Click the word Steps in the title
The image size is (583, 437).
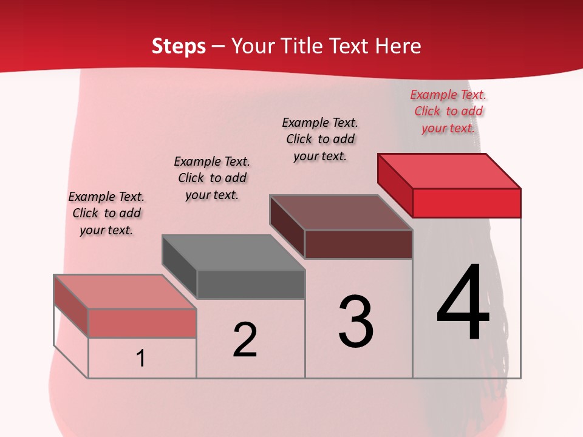(179, 46)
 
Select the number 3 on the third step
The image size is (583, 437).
(355, 322)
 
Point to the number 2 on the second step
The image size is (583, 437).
(245, 340)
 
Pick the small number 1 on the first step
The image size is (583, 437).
(141, 359)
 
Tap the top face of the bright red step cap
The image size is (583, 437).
(449, 171)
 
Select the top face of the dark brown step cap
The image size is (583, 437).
(341, 212)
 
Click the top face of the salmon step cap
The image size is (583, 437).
(124, 291)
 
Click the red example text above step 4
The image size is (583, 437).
(448, 111)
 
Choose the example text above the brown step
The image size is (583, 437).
(320, 139)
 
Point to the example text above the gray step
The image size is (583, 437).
(212, 178)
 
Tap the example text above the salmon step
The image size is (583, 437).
(106, 213)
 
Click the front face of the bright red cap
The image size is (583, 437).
(466, 203)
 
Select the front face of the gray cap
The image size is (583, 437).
(251, 285)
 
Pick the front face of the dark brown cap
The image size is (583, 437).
(358, 244)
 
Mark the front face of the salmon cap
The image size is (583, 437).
(142, 323)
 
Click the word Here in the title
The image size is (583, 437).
(398, 46)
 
